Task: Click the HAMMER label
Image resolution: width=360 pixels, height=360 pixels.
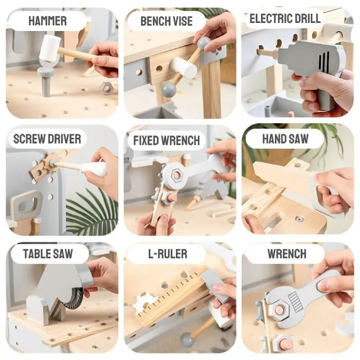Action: point(48,21)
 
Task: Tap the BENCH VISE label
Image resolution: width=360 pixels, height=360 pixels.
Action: point(166,21)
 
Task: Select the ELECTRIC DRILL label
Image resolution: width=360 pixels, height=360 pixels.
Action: point(285,18)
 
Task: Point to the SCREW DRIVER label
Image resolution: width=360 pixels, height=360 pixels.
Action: point(47,139)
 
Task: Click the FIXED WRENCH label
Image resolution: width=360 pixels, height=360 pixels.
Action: point(166,140)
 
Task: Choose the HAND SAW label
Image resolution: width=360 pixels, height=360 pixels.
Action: point(285,139)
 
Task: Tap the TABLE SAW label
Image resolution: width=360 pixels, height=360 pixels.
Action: point(48,254)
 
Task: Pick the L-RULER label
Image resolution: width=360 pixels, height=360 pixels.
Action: point(167,254)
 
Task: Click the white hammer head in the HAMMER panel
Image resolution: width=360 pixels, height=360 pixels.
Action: point(49,48)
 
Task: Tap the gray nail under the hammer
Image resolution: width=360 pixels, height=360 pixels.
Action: point(46,81)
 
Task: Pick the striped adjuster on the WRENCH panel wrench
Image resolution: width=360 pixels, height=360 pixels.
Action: point(296,302)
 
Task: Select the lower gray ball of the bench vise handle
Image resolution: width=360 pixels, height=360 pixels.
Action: point(169,89)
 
